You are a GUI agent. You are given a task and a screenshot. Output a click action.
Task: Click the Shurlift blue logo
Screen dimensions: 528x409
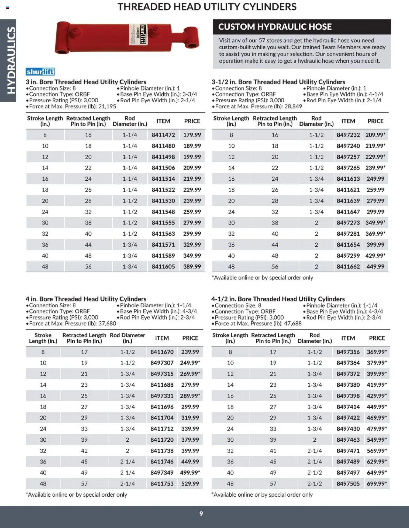[40, 72]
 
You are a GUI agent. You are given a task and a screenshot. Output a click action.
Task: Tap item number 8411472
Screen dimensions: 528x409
[163, 135]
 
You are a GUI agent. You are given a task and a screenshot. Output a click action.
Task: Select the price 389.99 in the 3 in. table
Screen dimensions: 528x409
[192, 267]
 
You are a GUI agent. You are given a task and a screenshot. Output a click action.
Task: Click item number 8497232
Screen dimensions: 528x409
[348, 135]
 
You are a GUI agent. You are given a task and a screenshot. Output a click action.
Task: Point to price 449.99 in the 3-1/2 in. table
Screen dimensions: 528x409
[375, 267]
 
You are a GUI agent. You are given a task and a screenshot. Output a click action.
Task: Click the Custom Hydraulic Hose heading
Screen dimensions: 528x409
[275, 27]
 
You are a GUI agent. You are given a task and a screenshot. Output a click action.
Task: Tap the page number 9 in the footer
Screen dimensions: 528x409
[201, 514]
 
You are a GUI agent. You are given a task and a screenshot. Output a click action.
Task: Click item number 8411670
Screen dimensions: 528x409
[162, 352]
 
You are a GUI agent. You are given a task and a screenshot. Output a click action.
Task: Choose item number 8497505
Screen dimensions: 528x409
[348, 484]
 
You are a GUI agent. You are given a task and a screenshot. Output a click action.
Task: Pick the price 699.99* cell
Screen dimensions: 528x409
[377, 484]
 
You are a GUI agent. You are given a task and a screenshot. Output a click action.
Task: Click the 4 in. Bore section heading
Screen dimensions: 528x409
[86, 299]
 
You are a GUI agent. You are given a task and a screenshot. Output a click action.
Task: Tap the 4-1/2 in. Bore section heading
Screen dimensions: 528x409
[278, 299]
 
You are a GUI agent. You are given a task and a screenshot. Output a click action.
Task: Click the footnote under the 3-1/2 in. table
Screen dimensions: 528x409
[262, 278]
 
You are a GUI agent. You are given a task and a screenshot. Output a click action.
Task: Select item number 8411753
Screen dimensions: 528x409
[162, 484]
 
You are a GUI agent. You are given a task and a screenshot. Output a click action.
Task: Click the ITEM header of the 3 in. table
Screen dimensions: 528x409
[163, 121]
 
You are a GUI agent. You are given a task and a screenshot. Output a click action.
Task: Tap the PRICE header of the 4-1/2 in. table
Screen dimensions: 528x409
[377, 338]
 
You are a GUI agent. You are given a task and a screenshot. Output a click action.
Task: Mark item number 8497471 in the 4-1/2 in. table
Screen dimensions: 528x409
[348, 451]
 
